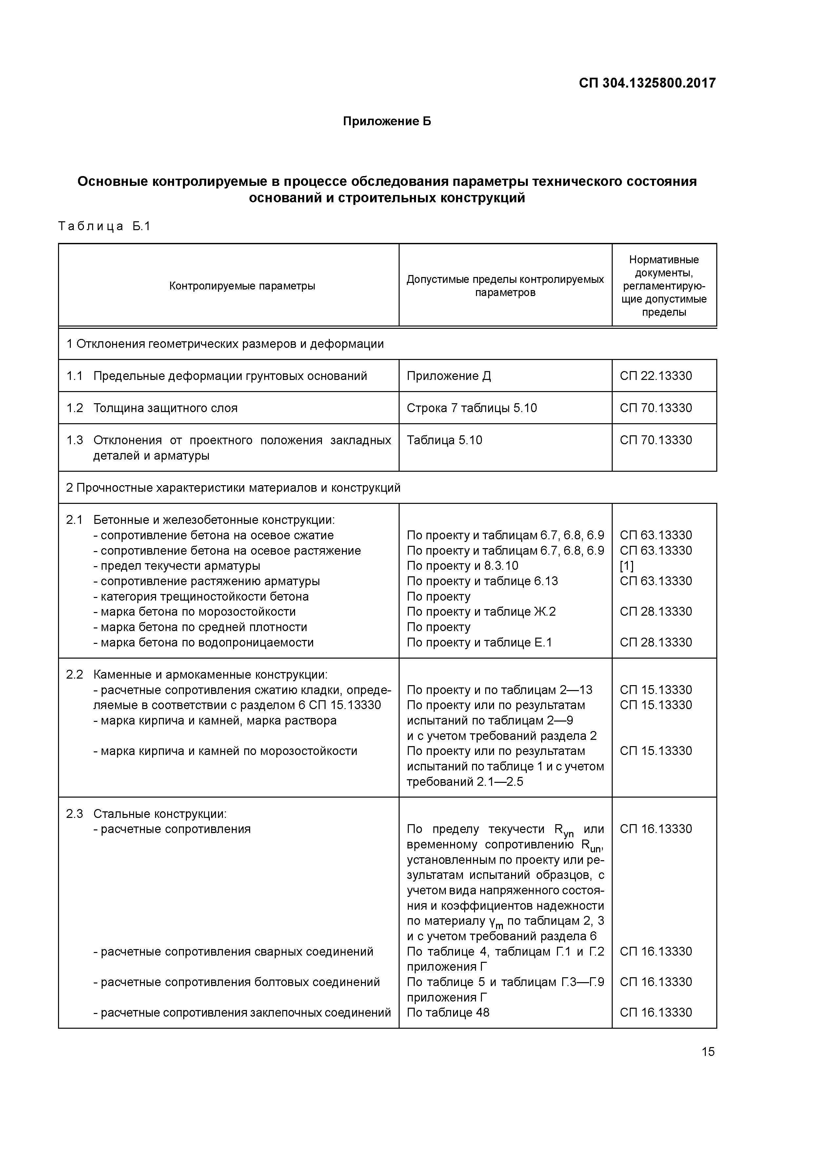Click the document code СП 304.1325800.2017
pos(647,83)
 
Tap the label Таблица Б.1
pos(104,227)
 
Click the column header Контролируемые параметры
pos(242,286)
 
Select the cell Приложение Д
pos(448,376)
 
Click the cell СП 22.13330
pos(655,376)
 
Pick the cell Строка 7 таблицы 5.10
pos(471,408)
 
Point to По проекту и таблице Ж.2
pos(481,612)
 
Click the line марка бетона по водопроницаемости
pos(203,642)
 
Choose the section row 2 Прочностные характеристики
pos(233,487)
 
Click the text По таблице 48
pos(448,1012)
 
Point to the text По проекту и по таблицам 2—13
pos(499,690)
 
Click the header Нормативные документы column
pos(664,286)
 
